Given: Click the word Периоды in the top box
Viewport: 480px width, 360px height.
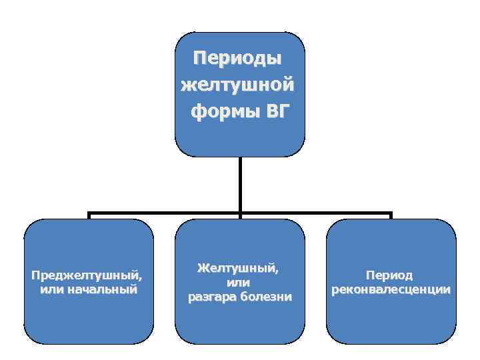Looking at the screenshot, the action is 238,58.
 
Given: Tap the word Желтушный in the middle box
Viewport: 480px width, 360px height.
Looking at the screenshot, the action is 237,268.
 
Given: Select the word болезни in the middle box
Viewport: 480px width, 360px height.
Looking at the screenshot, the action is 266,296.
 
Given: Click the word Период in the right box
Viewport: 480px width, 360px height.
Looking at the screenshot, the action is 389,275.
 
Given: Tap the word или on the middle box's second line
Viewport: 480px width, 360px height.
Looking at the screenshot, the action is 239,282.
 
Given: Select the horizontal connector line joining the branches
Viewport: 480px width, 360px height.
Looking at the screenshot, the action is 167,215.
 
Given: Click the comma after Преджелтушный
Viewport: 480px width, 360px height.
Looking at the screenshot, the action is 141,277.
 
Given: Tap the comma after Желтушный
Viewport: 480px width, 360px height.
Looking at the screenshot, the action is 277,270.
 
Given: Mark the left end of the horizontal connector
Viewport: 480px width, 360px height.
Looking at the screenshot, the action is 89,215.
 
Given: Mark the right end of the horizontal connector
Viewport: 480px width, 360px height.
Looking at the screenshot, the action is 391,215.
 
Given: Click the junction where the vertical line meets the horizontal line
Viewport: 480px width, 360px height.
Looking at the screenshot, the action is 239,215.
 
